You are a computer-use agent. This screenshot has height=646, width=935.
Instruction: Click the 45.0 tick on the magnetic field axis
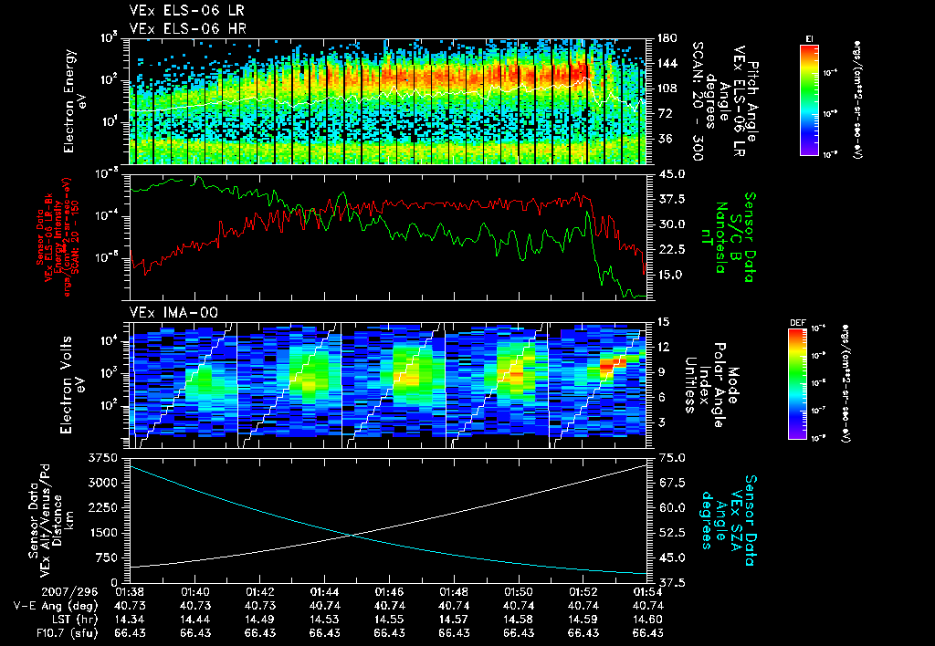[666, 173]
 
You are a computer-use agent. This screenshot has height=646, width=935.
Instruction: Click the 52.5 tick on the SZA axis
[666, 532]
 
